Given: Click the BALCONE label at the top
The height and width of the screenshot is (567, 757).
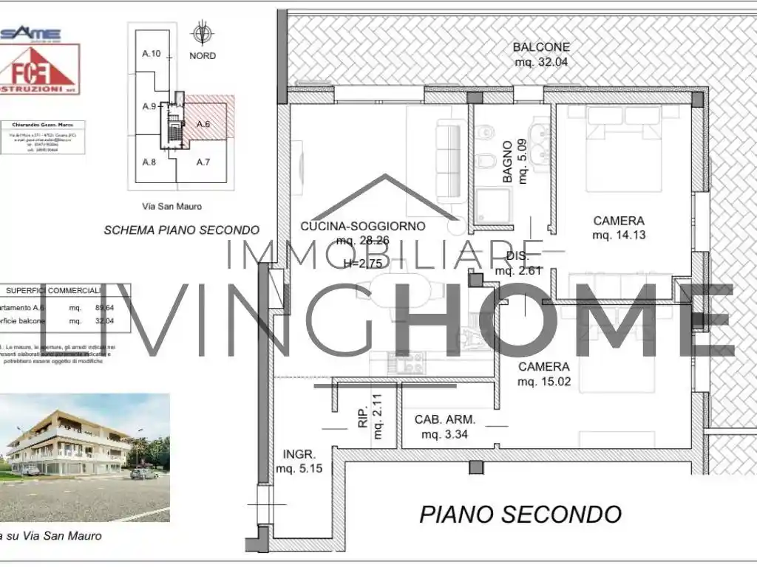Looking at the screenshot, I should [541, 47].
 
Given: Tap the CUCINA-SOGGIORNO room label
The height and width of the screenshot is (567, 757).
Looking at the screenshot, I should [362, 226].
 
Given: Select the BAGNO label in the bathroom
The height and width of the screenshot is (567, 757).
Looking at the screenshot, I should [508, 162].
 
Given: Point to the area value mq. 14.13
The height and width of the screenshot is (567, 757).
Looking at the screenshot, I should [619, 236].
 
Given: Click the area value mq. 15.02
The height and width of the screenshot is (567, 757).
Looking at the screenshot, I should [543, 382].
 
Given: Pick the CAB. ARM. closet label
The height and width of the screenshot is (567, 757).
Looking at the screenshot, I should [444, 419].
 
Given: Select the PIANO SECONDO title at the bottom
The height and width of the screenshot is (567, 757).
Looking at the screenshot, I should [520, 514].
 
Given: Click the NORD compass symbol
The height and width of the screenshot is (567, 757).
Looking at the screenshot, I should [201, 34].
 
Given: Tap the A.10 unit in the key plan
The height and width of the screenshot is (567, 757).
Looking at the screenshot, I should [152, 54].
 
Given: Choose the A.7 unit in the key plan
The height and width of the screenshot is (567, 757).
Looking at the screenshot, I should [203, 162].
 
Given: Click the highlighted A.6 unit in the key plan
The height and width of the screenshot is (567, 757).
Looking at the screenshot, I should [203, 124].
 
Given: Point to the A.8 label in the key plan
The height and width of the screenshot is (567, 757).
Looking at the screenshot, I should [149, 162].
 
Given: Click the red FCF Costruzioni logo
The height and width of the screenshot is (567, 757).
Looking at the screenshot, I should [40, 69].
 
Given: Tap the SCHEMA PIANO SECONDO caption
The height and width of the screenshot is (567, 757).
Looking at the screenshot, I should [181, 230].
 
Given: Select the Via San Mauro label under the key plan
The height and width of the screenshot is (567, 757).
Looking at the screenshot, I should [172, 207].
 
